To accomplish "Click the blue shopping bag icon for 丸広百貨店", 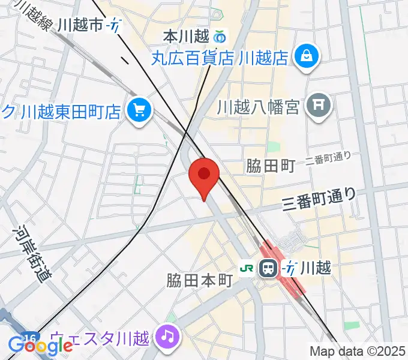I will coord(307,57).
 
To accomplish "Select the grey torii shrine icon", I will coord(319,107).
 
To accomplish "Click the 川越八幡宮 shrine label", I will coord(258,107).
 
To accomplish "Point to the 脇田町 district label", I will coord(271,166).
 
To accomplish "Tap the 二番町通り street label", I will coord(328,159).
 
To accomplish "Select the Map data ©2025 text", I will coord(358,351).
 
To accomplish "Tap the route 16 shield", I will coord(29,337).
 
